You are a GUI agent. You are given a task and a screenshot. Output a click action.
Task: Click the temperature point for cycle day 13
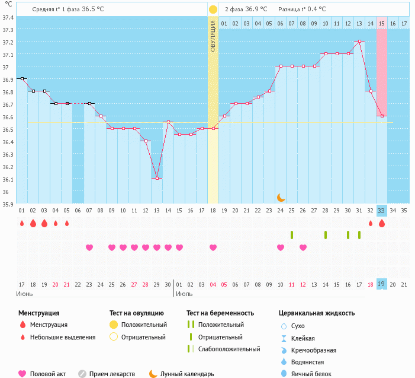pyautogui.click(x=157, y=178)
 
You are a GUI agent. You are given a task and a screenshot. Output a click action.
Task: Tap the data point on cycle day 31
pyautogui.click(x=359, y=42)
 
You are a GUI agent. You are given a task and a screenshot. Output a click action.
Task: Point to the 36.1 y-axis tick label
pyautogui.click(x=8, y=179)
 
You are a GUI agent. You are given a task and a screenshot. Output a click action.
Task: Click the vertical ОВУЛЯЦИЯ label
pyautogui.click(x=213, y=36)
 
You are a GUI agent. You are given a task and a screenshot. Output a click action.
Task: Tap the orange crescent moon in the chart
pyautogui.click(x=281, y=197)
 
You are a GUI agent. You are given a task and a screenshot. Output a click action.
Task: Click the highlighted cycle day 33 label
pyautogui.click(x=382, y=211)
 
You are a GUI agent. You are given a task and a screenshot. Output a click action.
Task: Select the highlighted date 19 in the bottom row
pyautogui.click(x=382, y=284)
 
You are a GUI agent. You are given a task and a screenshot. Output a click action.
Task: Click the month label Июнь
pyautogui.click(x=25, y=294)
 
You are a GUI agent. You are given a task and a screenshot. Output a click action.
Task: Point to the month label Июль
pyautogui.click(x=184, y=294)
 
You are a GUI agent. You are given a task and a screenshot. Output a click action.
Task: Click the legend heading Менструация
pyautogui.click(x=38, y=313)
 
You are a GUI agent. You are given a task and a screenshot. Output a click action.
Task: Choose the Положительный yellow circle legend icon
pyautogui.click(x=113, y=325)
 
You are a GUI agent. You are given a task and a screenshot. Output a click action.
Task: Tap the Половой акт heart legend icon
pyautogui.click(x=22, y=374)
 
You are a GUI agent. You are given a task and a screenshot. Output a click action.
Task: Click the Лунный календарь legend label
pyautogui.click(x=187, y=374)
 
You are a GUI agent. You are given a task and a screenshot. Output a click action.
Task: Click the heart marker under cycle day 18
pyautogui.click(x=213, y=247)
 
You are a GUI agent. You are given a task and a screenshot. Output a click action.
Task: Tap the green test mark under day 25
pyautogui.click(x=292, y=235)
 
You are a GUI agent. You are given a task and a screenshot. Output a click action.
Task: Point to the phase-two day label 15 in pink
pyautogui.click(x=382, y=23)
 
